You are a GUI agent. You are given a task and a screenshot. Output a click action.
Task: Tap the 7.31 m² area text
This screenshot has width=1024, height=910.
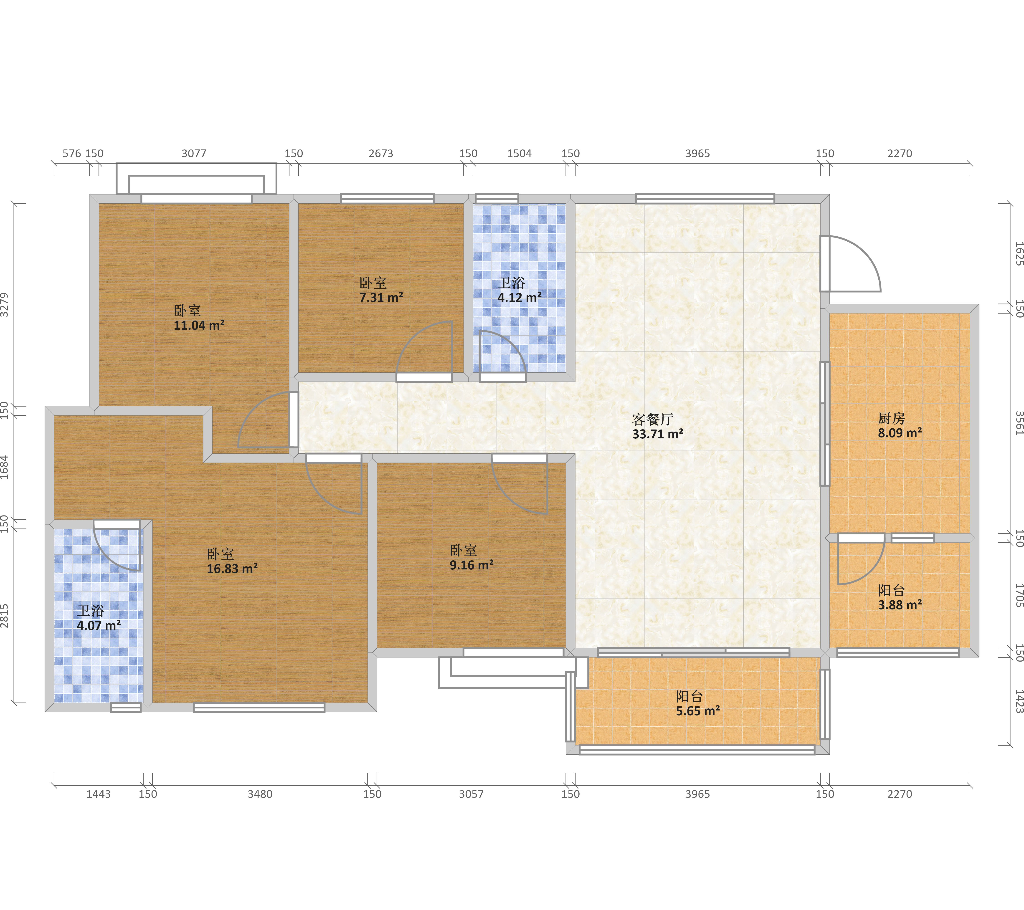[381, 298]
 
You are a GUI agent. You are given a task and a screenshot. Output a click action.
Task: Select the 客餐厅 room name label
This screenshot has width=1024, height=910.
[653, 419]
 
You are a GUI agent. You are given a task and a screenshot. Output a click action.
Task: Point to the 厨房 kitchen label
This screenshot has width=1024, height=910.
[891, 418]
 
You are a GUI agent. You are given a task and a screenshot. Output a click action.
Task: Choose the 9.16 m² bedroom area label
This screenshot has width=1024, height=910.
[471, 565]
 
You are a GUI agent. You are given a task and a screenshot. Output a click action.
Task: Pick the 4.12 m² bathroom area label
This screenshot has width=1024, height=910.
[520, 298]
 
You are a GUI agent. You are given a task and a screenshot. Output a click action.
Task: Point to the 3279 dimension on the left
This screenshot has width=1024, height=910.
[5, 304]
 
